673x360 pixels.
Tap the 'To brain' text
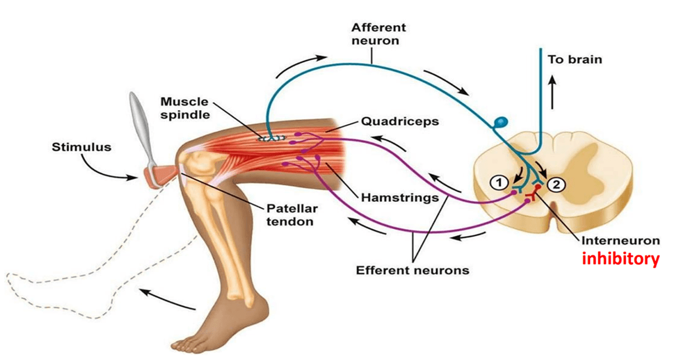tap(575, 59)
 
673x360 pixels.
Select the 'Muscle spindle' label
tap(185, 109)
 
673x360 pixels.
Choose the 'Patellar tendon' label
tap(290, 215)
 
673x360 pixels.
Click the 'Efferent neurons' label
tap(412, 270)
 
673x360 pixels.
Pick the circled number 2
tap(556, 185)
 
